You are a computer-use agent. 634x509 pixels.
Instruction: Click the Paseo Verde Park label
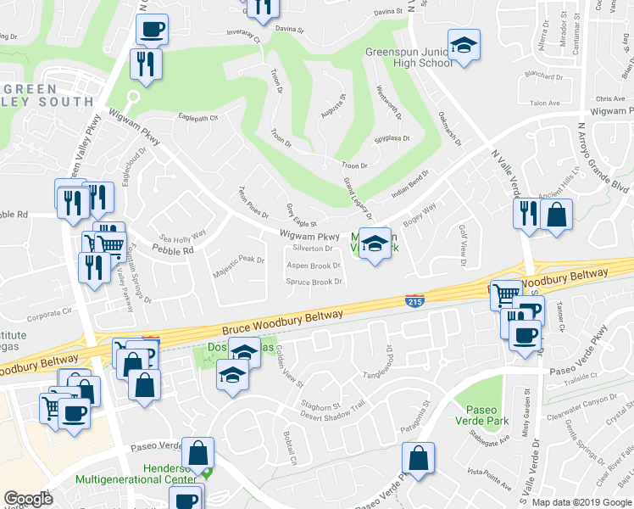coord(475,416)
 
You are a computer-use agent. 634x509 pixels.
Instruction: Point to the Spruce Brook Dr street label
coord(314,282)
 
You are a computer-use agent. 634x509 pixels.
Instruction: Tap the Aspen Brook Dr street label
coord(314,266)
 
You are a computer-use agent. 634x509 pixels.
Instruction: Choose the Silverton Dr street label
coord(313,249)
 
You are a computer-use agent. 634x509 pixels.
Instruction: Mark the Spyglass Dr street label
coord(392,138)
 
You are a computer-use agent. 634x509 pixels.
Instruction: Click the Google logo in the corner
coord(28,499)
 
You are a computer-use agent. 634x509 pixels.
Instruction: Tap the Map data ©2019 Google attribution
coord(581,502)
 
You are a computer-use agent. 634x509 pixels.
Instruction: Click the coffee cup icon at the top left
coord(153,29)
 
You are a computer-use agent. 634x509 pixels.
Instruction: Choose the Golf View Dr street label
coord(463,243)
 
